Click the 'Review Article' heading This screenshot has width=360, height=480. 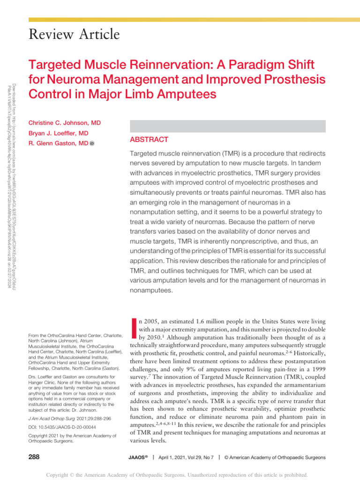point(74,35)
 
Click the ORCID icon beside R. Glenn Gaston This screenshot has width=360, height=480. point(92,144)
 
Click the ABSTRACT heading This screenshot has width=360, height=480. point(148,140)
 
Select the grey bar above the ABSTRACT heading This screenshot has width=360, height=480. point(226,126)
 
